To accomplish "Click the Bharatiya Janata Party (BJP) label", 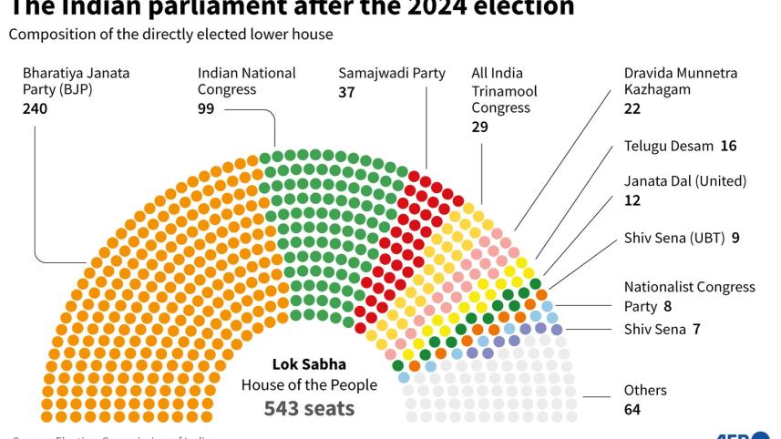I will [x=77, y=81].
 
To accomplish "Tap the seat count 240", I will [x=35, y=108].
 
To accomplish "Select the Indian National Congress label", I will [x=247, y=81].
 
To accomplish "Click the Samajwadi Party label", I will [x=392, y=73].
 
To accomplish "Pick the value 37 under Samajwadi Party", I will [x=346, y=91].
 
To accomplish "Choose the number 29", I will [x=479, y=127].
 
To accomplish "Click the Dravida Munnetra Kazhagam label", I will [x=681, y=81].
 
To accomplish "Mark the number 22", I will [x=632, y=108].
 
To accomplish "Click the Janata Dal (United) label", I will [x=685, y=181].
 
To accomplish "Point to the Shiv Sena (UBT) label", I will [x=674, y=238].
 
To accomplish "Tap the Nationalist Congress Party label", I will [x=689, y=295].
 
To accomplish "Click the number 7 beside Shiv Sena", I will [x=696, y=330].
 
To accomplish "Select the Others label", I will [x=645, y=390].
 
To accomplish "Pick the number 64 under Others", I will [x=632, y=409].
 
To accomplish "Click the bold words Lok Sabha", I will [x=309, y=364].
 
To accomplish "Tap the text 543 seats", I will [x=309, y=407].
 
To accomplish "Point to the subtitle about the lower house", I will [x=170, y=35].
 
